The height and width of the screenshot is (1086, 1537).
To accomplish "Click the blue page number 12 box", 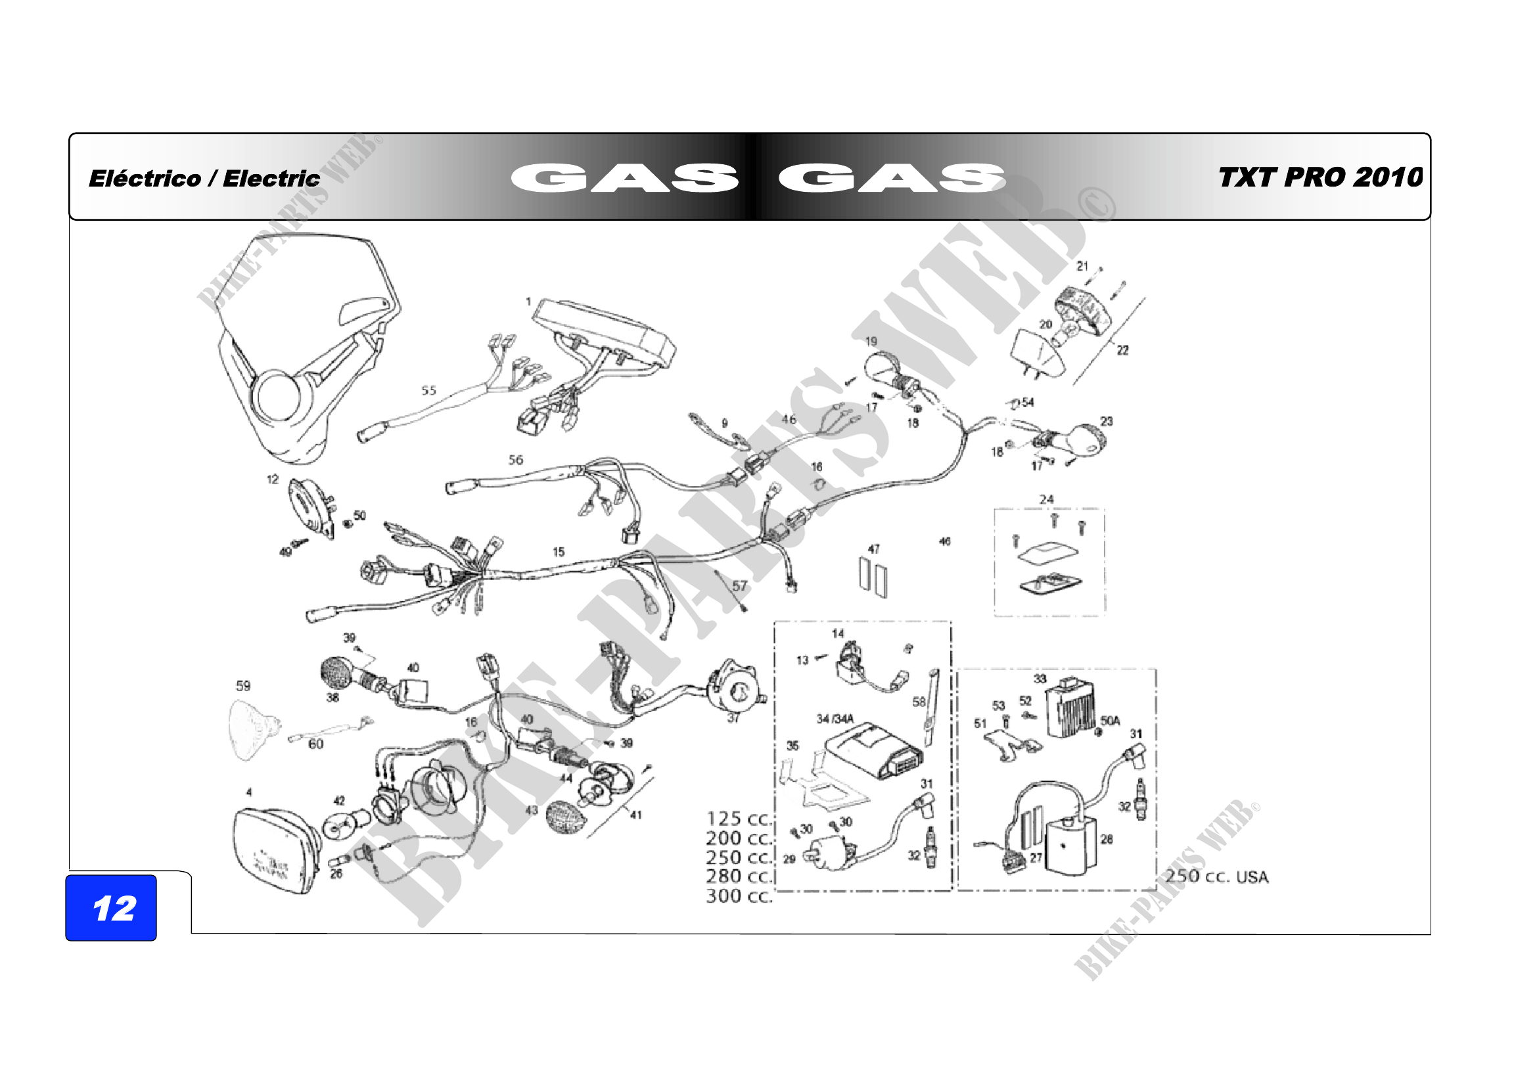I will [111, 907].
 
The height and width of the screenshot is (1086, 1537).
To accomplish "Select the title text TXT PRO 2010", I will [1319, 177].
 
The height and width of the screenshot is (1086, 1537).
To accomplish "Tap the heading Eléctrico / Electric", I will [204, 179].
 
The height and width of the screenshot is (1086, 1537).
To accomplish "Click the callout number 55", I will [428, 390].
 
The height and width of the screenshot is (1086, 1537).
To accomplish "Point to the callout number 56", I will [515, 460].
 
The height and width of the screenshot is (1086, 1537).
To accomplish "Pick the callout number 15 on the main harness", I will [559, 552].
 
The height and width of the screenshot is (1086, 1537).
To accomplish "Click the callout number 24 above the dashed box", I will [1046, 499].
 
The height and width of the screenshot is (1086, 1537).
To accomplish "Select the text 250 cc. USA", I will [1216, 876].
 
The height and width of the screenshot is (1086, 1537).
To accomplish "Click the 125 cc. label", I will [739, 819].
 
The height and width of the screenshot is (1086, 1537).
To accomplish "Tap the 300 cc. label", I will [739, 896].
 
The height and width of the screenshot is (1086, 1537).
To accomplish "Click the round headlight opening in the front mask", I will [275, 396].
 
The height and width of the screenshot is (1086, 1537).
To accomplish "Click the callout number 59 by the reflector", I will [243, 686].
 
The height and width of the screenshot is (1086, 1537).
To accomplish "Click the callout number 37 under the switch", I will [734, 718].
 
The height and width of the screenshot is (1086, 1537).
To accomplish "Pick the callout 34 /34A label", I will [835, 719].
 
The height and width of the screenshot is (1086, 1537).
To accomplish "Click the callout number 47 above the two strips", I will [873, 549].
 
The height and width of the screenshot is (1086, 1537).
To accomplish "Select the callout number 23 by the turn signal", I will [1107, 421].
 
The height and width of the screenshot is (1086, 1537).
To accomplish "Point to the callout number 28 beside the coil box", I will [1107, 839].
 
